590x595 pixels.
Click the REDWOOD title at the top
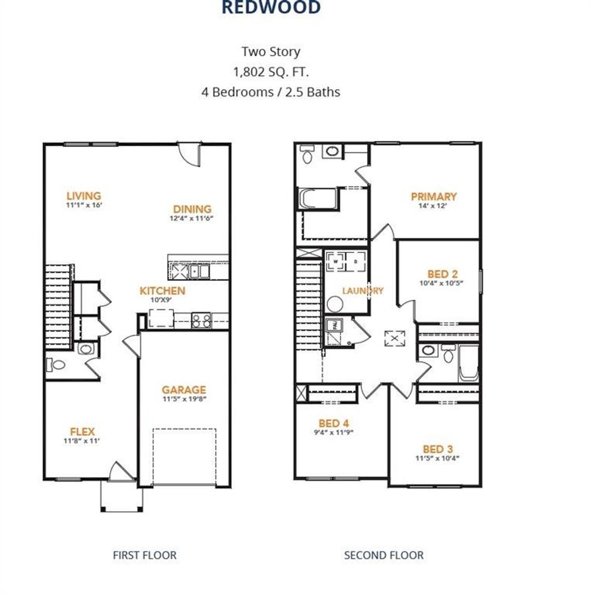click(271, 8)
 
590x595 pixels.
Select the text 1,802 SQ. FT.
click(271, 72)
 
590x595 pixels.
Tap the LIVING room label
click(83, 196)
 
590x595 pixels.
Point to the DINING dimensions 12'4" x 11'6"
click(192, 219)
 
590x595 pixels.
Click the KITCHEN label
click(162, 291)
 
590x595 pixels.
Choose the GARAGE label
click(183, 390)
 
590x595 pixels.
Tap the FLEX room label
click(82, 432)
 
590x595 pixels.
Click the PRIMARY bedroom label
click(433, 197)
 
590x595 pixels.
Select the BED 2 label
click(442, 274)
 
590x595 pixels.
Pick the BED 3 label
click(437, 449)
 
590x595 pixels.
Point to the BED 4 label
click(333, 423)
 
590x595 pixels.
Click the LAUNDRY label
click(363, 291)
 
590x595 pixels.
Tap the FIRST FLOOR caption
click(144, 555)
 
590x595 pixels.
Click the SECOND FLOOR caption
click(383, 555)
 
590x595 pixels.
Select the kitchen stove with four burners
click(201, 320)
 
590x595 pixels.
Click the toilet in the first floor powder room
click(56, 365)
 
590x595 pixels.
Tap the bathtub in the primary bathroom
click(319, 199)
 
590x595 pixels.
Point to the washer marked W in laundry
click(336, 262)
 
